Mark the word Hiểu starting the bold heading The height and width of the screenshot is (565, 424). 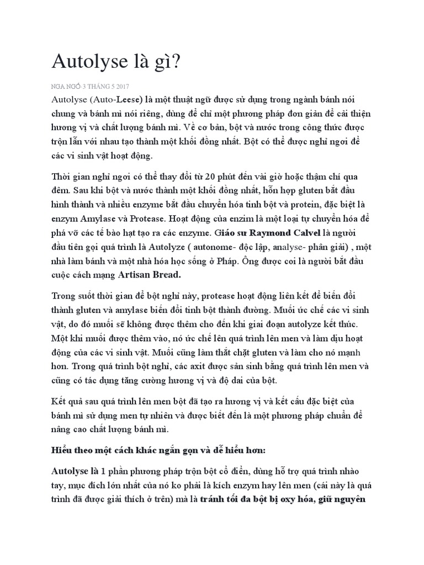click(61, 450)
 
